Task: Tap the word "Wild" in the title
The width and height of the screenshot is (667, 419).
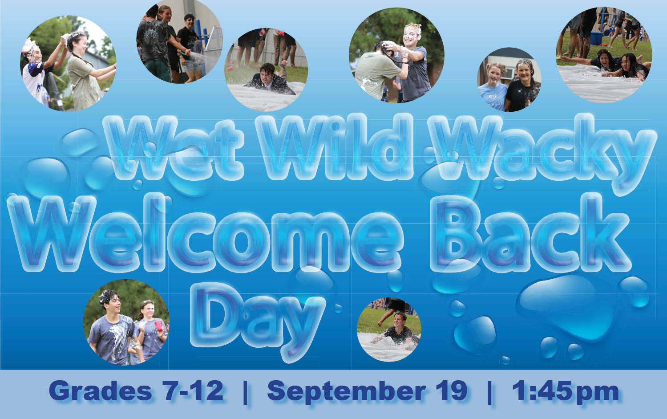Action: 335,147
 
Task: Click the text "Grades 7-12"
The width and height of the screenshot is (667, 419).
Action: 136,391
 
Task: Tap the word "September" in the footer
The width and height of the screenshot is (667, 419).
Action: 346,392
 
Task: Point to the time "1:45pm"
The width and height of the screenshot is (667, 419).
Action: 566,392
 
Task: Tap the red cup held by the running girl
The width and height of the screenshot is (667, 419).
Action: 159,326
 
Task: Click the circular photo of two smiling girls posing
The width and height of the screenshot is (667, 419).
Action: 509,80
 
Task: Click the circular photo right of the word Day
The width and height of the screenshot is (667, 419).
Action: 389,330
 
